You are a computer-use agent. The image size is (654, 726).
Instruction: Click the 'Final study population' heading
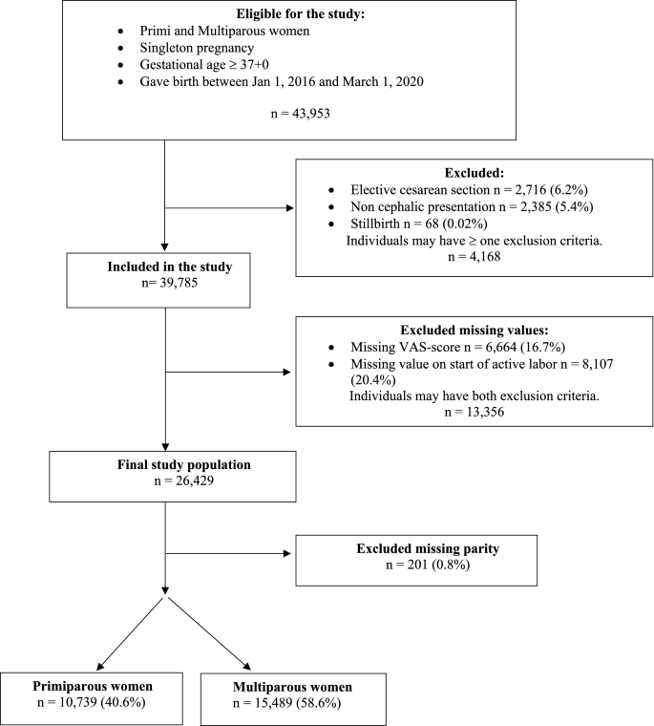(x=165, y=464)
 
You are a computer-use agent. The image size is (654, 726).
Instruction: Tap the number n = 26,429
(x=165, y=481)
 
